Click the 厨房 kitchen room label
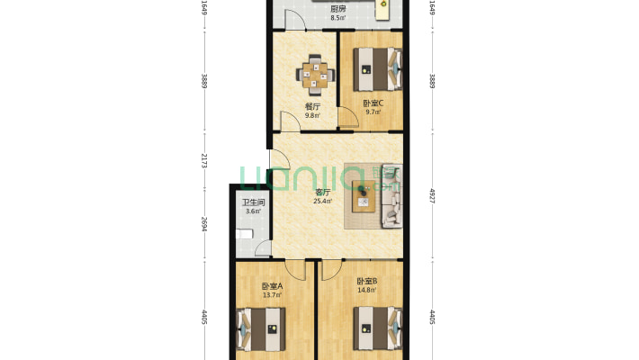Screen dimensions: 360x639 click(337, 9)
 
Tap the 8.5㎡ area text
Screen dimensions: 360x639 click(337, 18)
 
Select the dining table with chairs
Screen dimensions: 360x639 click(313, 74)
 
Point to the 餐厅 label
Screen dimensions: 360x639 click(312, 105)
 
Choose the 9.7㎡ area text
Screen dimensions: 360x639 click(372, 112)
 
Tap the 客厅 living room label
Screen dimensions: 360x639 click(321, 192)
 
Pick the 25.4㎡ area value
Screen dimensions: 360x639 click(321, 202)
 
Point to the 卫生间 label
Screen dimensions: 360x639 click(252, 202)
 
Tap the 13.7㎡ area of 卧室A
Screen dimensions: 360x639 click(271, 295)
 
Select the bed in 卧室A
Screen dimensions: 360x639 click(261, 328)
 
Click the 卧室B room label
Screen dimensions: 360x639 click(366, 281)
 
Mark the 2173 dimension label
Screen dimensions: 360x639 click(204, 161)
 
